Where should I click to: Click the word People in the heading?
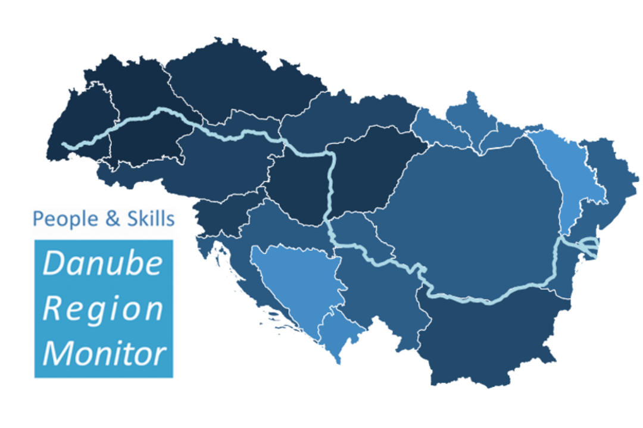click(65, 219)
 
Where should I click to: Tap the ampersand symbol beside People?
click(113, 219)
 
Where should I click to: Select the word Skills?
click(151, 219)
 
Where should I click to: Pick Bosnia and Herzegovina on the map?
click(298, 279)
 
